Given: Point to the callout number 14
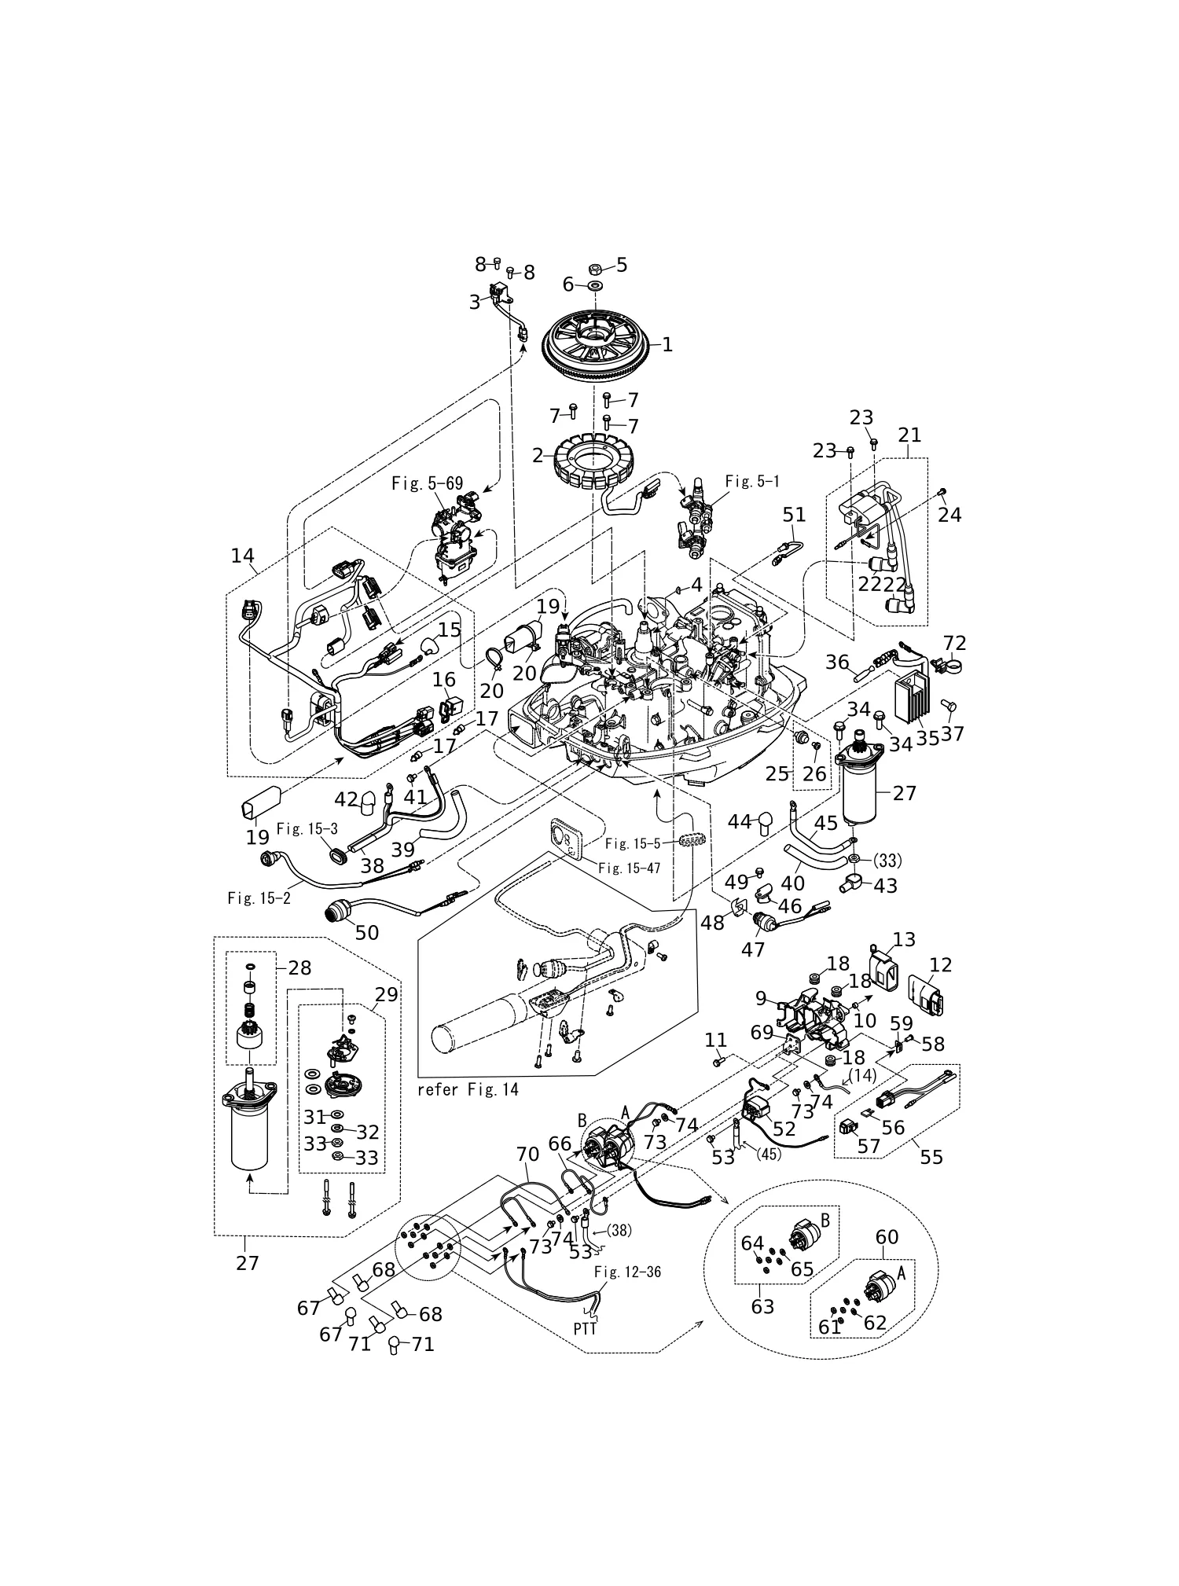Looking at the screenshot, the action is (243, 556).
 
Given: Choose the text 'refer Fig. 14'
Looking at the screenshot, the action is (468, 1090).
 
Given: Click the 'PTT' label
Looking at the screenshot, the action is (585, 1328).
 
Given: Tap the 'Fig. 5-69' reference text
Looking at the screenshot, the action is (428, 483).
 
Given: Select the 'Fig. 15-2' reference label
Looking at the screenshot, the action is (259, 898).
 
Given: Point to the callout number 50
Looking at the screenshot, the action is (367, 932).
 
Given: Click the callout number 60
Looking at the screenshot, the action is (887, 1236).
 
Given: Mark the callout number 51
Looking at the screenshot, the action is (795, 514).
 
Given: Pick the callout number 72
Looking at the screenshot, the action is (954, 642).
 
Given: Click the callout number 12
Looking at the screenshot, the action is (941, 965).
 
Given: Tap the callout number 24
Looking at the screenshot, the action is (949, 514).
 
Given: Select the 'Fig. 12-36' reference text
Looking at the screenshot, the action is (627, 1272).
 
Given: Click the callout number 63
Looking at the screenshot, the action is (762, 1306).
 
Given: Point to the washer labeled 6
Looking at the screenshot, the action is (595, 287).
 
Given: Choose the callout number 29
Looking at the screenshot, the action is (387, 993).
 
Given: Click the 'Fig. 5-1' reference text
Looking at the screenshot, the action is (753, 480).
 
